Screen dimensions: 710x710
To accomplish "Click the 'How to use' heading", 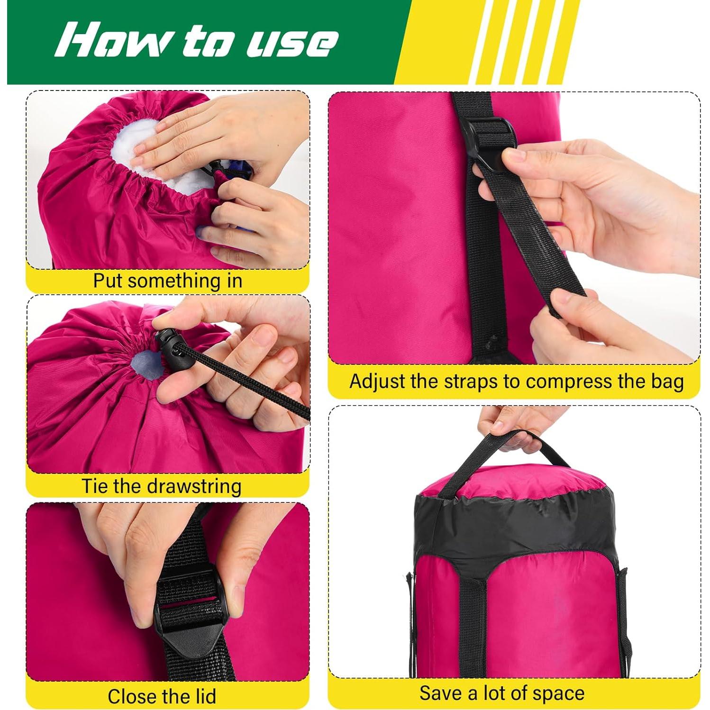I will click(x=197, y=41).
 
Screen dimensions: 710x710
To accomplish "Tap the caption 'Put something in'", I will click(x=167, y=281).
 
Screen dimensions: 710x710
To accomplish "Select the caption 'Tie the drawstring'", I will click(x=162, y=486).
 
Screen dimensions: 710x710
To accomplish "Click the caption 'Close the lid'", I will click(x=162, y=696).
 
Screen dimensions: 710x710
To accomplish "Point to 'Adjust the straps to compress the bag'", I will click(x=517, y=382).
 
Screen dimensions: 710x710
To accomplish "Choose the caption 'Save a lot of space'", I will click(x=501, y=693).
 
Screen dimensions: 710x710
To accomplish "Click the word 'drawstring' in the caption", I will click(x=194, y=486).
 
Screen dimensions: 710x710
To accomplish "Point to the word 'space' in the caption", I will click(x=559, y=693).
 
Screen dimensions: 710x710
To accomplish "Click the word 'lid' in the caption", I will click(x=205, y=696).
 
